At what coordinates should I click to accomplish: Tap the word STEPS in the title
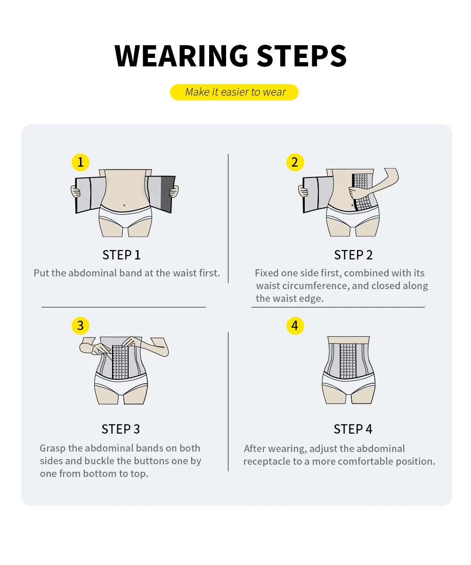point(301,56)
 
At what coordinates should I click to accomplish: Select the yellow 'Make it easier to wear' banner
point(234,92)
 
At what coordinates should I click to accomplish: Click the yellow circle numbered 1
point(81,162)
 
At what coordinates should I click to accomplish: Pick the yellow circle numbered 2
point(295,162)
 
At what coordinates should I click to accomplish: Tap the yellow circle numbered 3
point(81,325)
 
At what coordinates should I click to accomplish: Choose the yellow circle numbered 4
point(295,325)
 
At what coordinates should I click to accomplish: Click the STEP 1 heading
point(122,255)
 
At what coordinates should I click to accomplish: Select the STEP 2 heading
point(353,255)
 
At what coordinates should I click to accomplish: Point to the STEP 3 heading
point(121,429)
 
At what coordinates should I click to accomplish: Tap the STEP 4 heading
point(353,429)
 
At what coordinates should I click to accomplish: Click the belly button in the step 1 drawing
point(124,205)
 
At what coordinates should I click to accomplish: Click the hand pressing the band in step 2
point(356,193)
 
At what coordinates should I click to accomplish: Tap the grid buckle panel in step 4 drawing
point(348,361)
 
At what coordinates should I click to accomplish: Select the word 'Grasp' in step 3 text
point(52,448)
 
